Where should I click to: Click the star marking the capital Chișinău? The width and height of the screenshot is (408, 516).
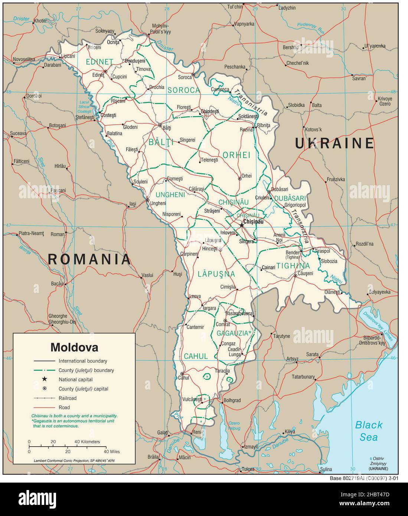point(242,225)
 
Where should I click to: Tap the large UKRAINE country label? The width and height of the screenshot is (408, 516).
point(334,143)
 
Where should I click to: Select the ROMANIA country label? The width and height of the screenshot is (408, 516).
point(89,259)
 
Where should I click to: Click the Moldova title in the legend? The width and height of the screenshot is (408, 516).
point(74,347)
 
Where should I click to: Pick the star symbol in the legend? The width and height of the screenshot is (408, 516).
point(45,379)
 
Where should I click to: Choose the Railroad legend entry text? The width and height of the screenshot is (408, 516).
point(68,398)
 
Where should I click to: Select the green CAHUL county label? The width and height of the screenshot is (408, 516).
point(196,356)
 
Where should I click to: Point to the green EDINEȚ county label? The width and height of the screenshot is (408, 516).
point(99,62)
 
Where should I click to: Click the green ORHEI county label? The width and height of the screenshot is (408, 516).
point(236,155)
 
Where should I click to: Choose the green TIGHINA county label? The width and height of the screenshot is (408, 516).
point(293,266)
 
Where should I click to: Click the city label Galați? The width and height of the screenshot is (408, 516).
point(163,433)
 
